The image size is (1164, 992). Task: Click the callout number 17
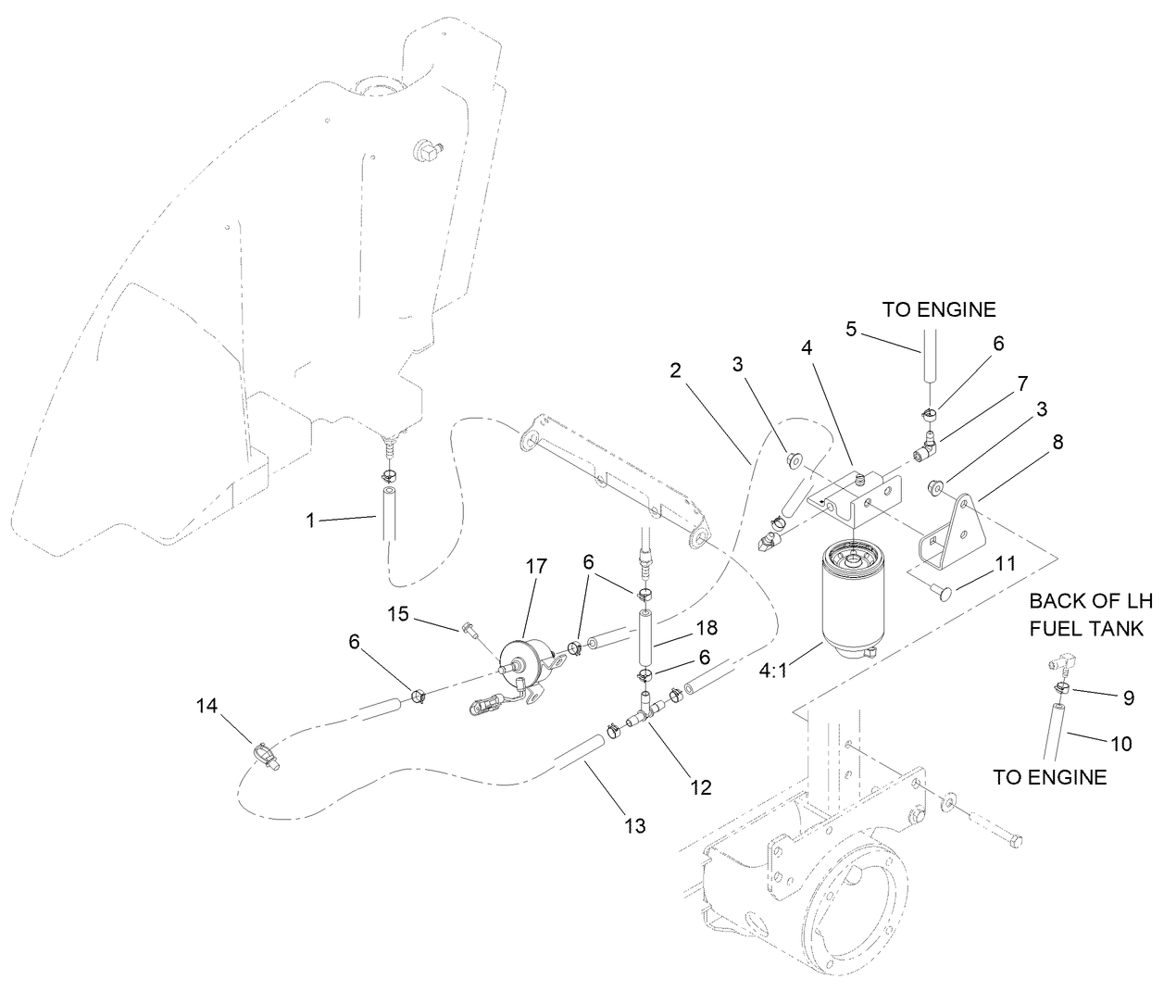(537, 565)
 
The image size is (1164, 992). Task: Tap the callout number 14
(207, 706)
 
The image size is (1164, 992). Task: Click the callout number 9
(1128, 699)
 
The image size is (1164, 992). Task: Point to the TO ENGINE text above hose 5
(939, 309)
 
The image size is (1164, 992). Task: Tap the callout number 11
(1006, 563)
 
